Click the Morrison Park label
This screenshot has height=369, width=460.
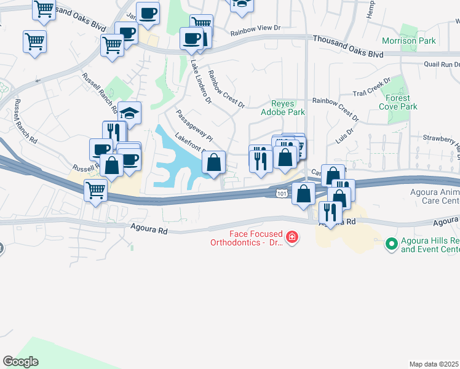point(408,41)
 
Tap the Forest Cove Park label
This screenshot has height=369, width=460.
point(402,102)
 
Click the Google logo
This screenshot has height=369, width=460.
point(20,362)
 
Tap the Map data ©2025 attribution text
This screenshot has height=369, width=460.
point(434,364)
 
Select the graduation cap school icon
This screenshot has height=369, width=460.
point(130,114)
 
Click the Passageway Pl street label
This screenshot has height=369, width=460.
point(194,125)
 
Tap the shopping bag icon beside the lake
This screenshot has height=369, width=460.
point(213,164)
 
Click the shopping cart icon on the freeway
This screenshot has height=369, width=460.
point(95,192)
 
